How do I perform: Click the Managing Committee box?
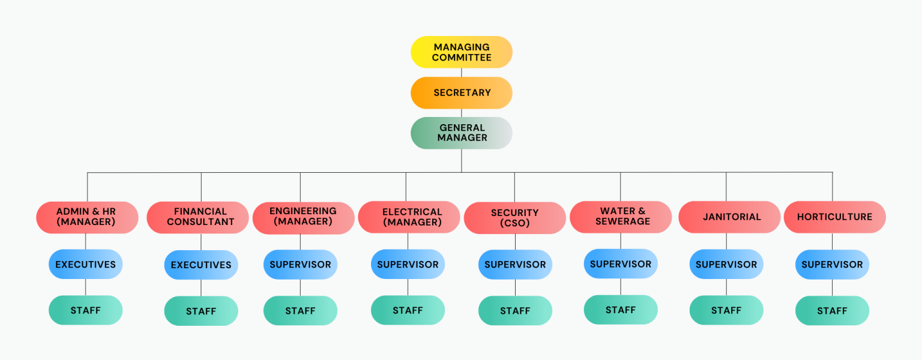tap(461, 52)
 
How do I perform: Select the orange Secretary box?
tap(461, 93)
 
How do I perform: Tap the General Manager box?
tap(461, 133)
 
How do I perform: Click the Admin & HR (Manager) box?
tap(87, 217)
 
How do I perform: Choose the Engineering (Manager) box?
tap(303, 217)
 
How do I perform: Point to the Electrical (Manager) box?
tap(409, 217)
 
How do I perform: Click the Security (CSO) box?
tap(514, 218)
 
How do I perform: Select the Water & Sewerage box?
tap(621, 217)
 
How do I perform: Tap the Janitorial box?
tap(729, 217)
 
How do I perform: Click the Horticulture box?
tap(834, 217)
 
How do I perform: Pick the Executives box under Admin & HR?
tap(85, 265)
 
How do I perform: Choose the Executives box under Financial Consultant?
tap(201, 265)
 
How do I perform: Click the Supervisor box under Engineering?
tap(300, 265)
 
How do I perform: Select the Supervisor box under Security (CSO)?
tap(515, 265)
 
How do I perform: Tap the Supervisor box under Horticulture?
tap(832, 265)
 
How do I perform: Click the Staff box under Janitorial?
tap(726, 310)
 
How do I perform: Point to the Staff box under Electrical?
tap(408, 310)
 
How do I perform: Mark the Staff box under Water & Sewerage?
tap(621, 310)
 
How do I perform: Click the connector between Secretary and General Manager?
tap(461, 113)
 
